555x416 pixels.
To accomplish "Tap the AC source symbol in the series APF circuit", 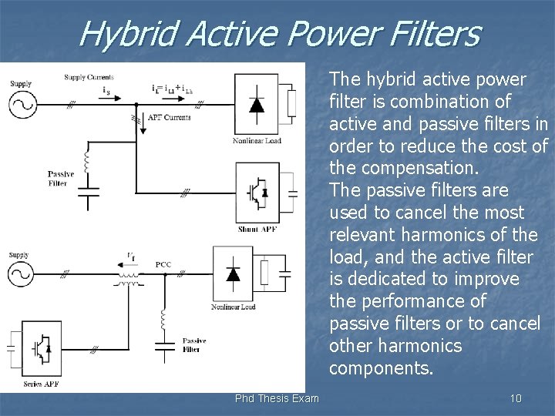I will tap(21, 274).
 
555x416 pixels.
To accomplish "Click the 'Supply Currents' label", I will tap(89, 77).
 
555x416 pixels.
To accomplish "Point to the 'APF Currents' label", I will tap(169, 117).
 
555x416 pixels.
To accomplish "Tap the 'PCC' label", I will tap(163, 264).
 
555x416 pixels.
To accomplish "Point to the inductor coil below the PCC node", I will tap(164, 318).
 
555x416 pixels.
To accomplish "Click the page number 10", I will tap(516, 398).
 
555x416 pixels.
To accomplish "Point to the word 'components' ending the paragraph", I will tap(380, 368).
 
